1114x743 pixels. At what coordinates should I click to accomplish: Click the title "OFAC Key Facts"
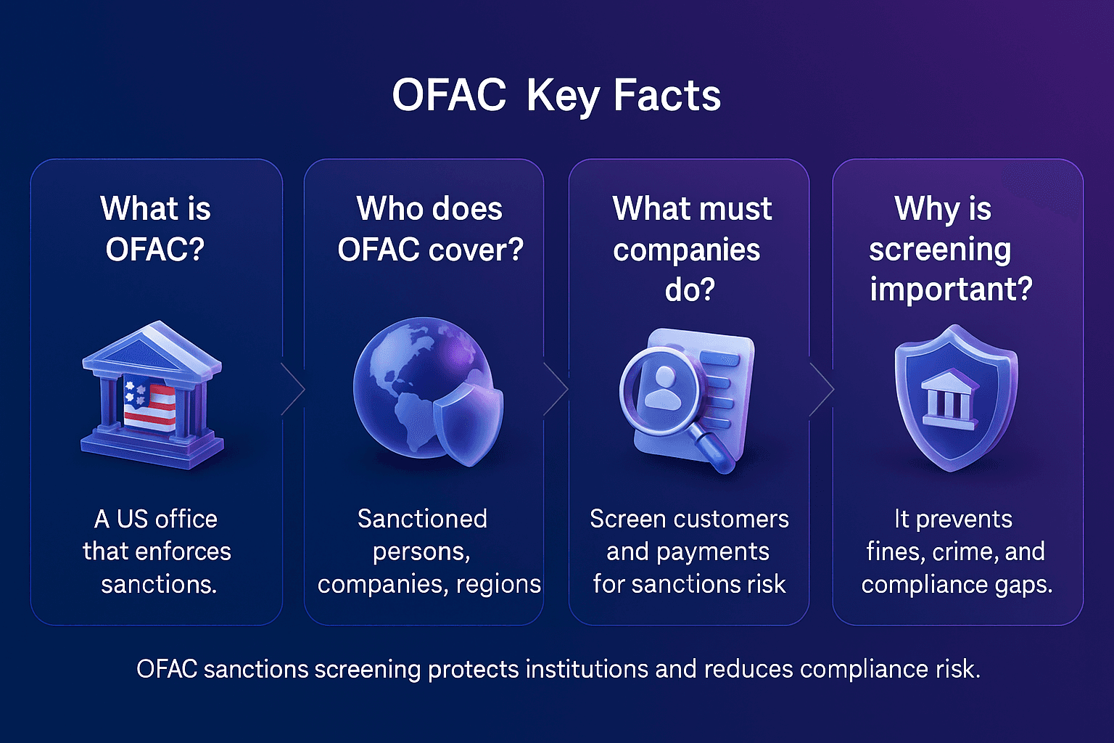point(556,95)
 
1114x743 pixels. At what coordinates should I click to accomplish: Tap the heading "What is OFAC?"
point(155,229)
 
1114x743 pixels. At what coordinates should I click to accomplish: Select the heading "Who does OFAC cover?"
point(429,229)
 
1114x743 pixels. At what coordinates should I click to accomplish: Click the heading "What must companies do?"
point(690,249)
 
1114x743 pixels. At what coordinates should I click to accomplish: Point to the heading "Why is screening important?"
point(950,249)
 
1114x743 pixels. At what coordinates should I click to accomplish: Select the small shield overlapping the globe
point(468,424)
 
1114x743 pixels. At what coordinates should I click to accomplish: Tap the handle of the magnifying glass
point(714,451)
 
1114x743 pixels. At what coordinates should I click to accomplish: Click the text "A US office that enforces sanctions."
point(157,551)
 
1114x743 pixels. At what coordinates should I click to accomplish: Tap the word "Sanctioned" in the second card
point(422,519)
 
